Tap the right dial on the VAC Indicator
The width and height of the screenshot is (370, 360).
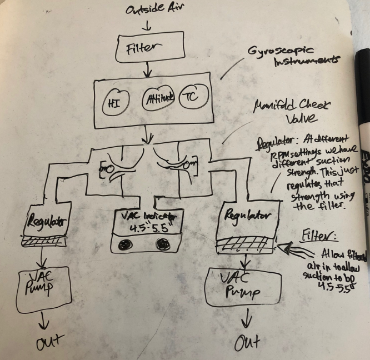163,243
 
